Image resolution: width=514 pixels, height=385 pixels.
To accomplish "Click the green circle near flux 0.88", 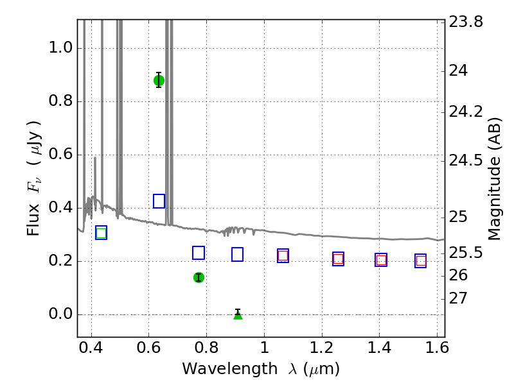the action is tap(159, 81).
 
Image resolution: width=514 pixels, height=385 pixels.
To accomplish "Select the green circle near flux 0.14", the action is tap(199, 278).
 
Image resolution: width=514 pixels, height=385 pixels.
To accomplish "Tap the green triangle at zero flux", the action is tap(238, 315).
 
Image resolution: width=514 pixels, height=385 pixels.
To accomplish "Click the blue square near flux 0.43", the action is tap(159, 201).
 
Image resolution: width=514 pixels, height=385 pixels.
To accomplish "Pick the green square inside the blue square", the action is tap(102, 233).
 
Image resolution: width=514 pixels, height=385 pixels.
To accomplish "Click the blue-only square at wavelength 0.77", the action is tap(199, 253).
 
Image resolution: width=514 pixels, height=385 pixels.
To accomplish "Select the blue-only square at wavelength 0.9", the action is tap(237, 254).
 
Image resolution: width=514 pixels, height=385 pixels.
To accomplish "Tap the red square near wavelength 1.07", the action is tap(283, 255).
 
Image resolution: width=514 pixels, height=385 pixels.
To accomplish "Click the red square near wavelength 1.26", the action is tap(338, 259).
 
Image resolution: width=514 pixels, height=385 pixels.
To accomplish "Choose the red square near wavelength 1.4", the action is tap(381, 260).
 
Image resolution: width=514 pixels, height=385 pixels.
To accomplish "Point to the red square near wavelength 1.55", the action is tap(421, 261).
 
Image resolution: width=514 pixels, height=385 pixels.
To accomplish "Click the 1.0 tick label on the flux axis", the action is tap(60, 48).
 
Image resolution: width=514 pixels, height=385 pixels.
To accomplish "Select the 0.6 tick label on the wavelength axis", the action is tap(149, 347).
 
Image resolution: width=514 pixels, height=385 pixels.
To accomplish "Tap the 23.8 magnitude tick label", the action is tap(466, 22).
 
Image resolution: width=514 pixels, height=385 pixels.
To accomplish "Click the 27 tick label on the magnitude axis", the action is tap(458, 298).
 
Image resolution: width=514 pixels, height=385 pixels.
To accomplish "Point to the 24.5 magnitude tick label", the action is tap(466, 160).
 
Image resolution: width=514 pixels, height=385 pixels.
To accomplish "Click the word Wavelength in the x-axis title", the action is tap(230, 369).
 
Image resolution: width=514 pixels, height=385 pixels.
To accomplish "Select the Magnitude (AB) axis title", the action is tap(495, 179).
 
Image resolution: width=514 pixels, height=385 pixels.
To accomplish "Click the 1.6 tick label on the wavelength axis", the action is tap(437, 347).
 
